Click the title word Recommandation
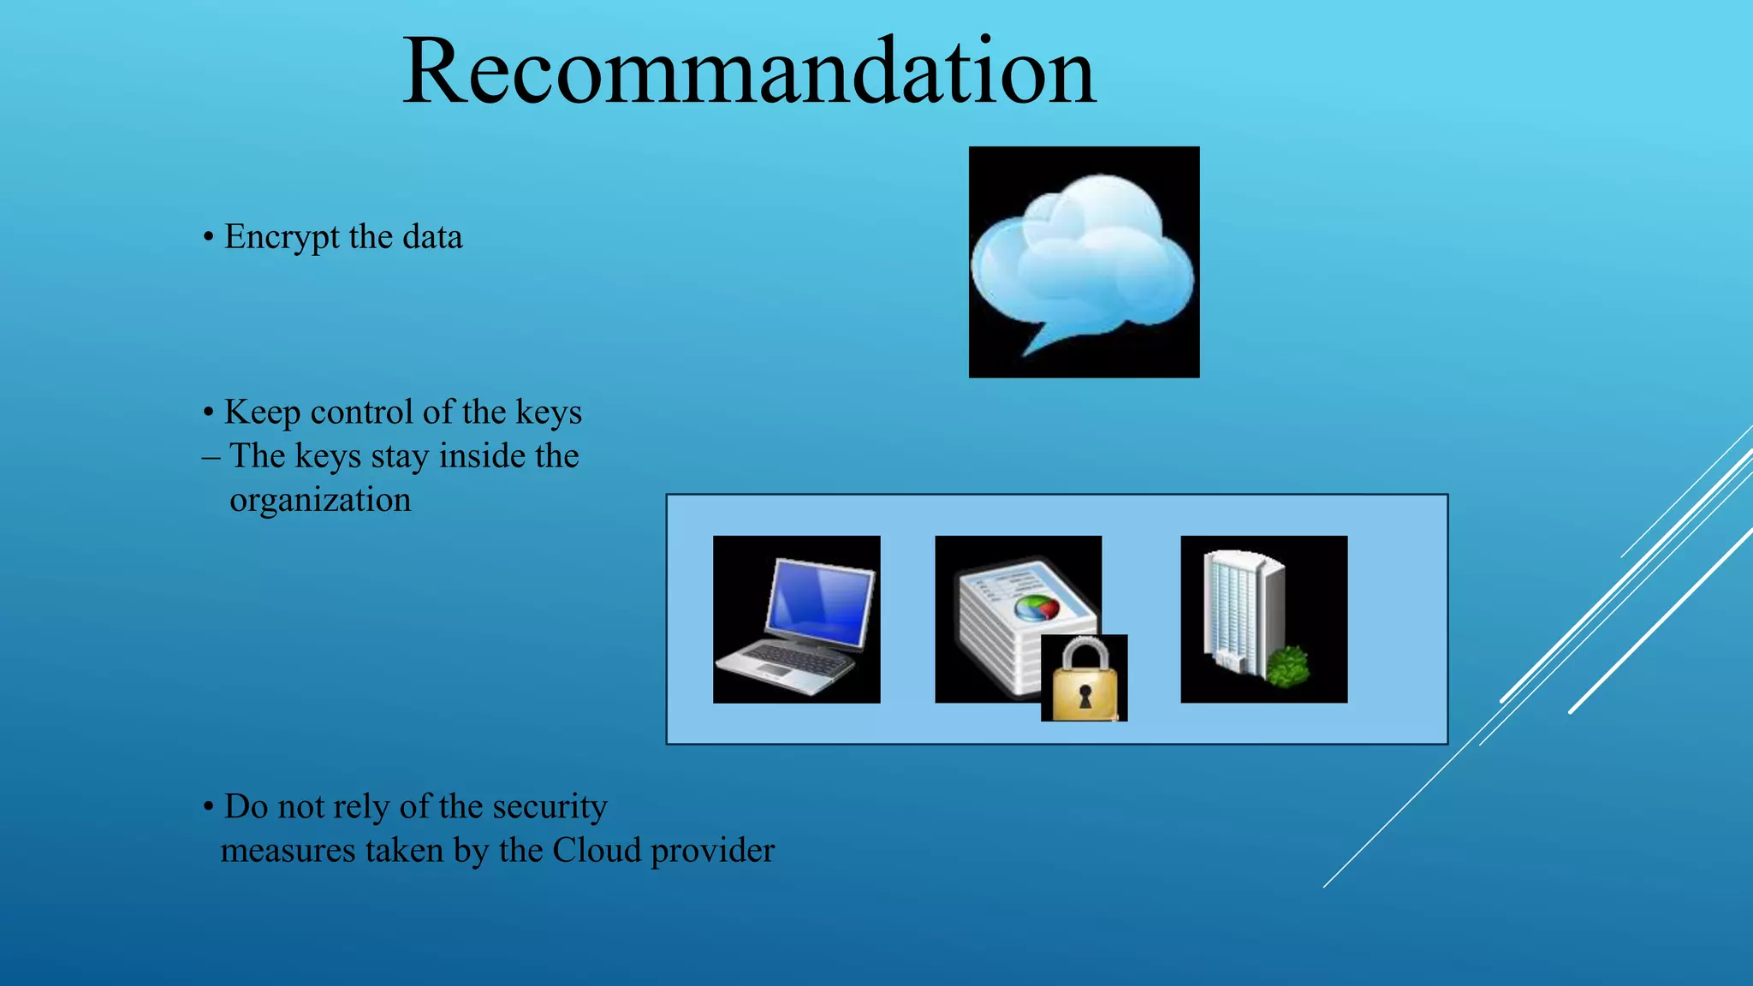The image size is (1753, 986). [x=748, y=73]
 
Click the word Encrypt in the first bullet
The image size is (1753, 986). [x=282, y=237]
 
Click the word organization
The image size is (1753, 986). [x=320, y=501]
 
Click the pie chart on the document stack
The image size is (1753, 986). [x=1037, y=609]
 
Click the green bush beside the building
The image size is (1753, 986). [x=1287, y=666]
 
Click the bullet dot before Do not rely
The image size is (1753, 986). [x=208, y=807]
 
